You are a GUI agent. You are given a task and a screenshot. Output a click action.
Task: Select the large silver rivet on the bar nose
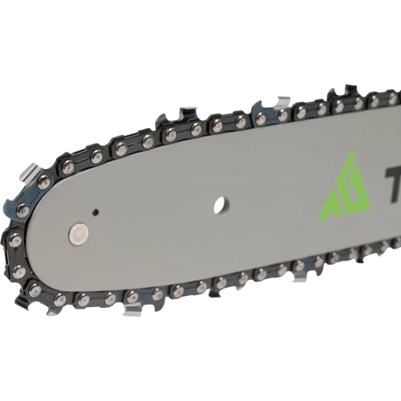(x=77, y=233)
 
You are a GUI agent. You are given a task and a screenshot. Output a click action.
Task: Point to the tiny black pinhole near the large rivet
(x=95, y=212)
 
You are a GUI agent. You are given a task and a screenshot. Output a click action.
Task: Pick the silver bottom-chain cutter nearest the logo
(x=299, y=277)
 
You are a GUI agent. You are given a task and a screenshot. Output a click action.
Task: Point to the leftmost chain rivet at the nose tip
(x=15, y=239)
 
